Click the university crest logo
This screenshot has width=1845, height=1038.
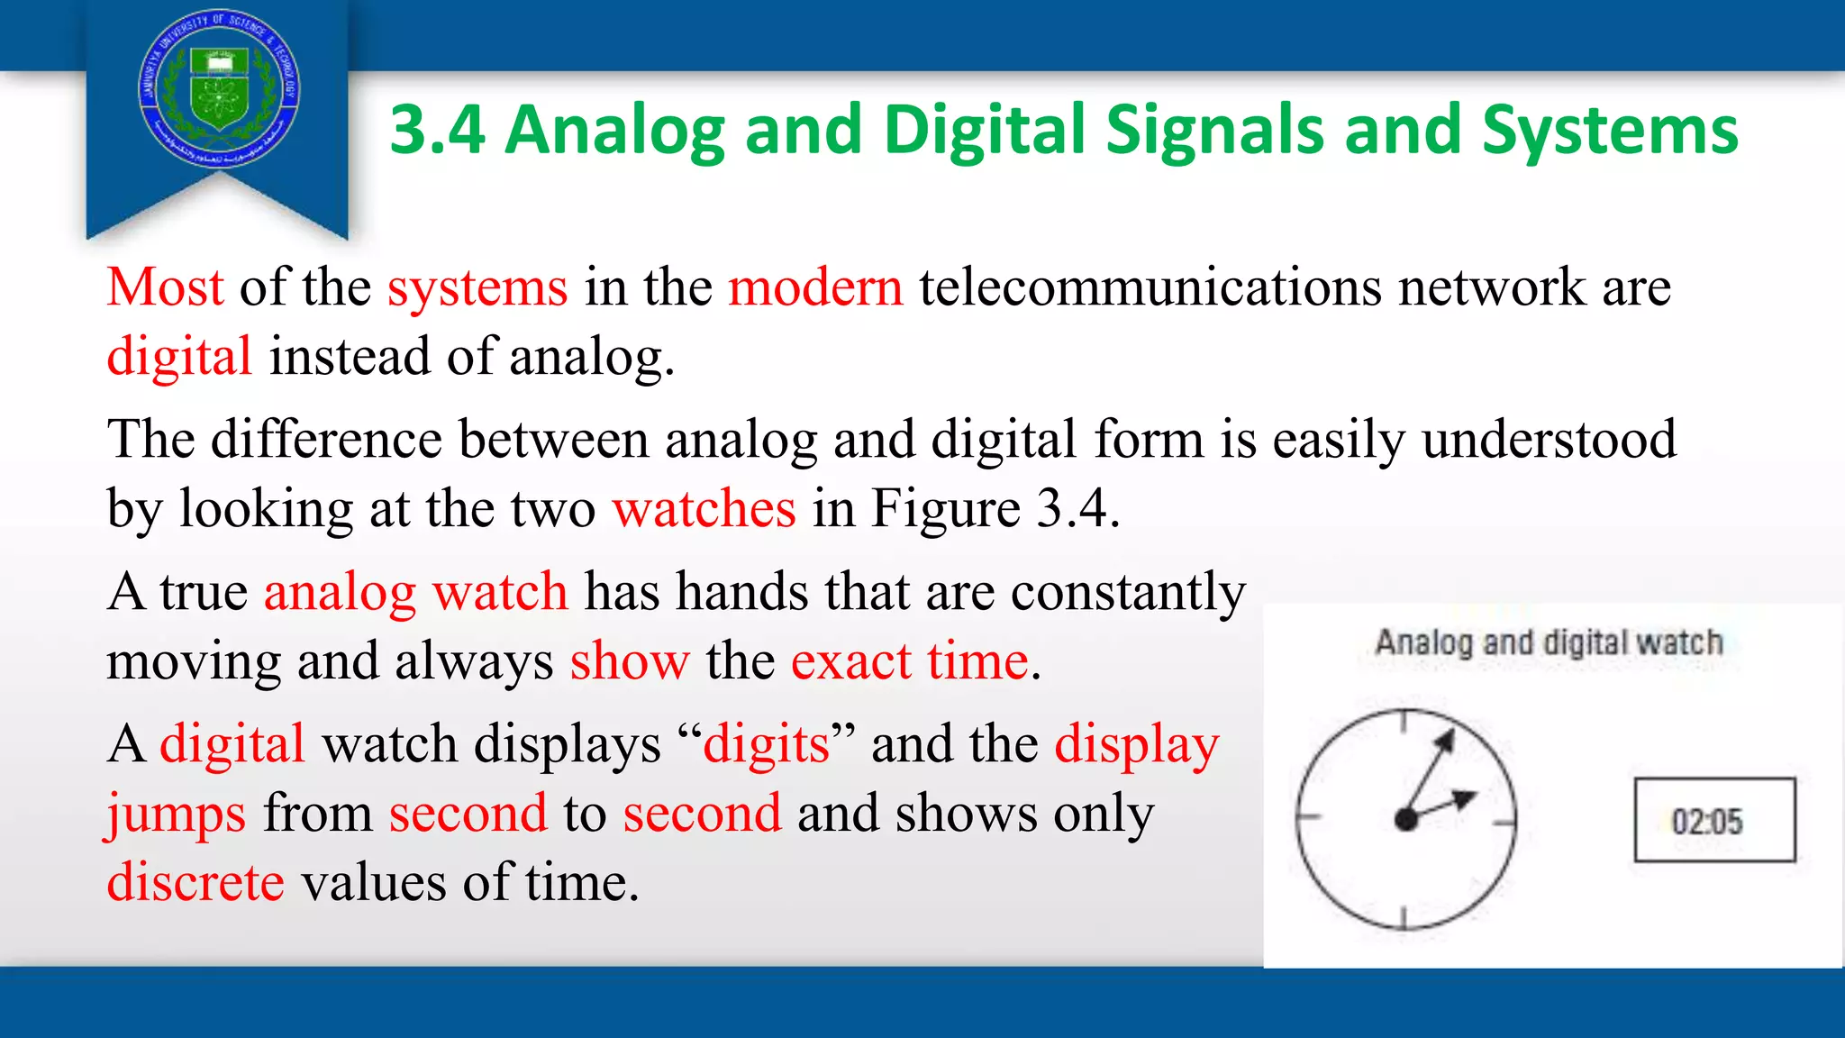point(219,87)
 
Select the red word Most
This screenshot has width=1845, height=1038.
point(165,287)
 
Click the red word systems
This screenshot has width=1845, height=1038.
point(477,287)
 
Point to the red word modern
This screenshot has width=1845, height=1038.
point(815,287)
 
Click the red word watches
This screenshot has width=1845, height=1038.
point(704,509)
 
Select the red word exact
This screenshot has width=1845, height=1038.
point(850,661)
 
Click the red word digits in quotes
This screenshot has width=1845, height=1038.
point(766,745)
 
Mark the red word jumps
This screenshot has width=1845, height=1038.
point(176,814)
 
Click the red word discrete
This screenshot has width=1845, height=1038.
point(195,882)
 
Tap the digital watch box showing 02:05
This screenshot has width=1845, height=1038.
point(1714,820)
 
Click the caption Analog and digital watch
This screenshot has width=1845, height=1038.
point(1549,643)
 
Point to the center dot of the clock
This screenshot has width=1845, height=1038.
point(1405,819)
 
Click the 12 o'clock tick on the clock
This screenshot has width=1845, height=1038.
point(1404,720)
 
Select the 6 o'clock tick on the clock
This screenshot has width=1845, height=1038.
point(1404,918)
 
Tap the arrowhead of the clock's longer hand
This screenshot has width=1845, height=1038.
point(1445,741)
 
